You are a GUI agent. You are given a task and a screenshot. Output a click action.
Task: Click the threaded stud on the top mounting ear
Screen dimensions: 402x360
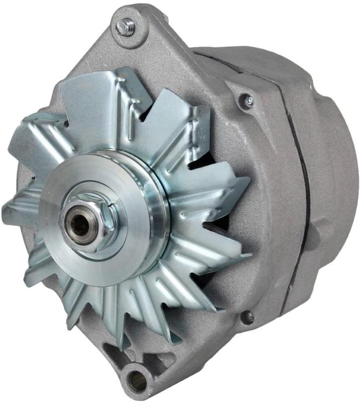point(125,26)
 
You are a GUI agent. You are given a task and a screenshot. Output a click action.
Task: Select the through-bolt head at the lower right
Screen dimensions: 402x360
point(248,316)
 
